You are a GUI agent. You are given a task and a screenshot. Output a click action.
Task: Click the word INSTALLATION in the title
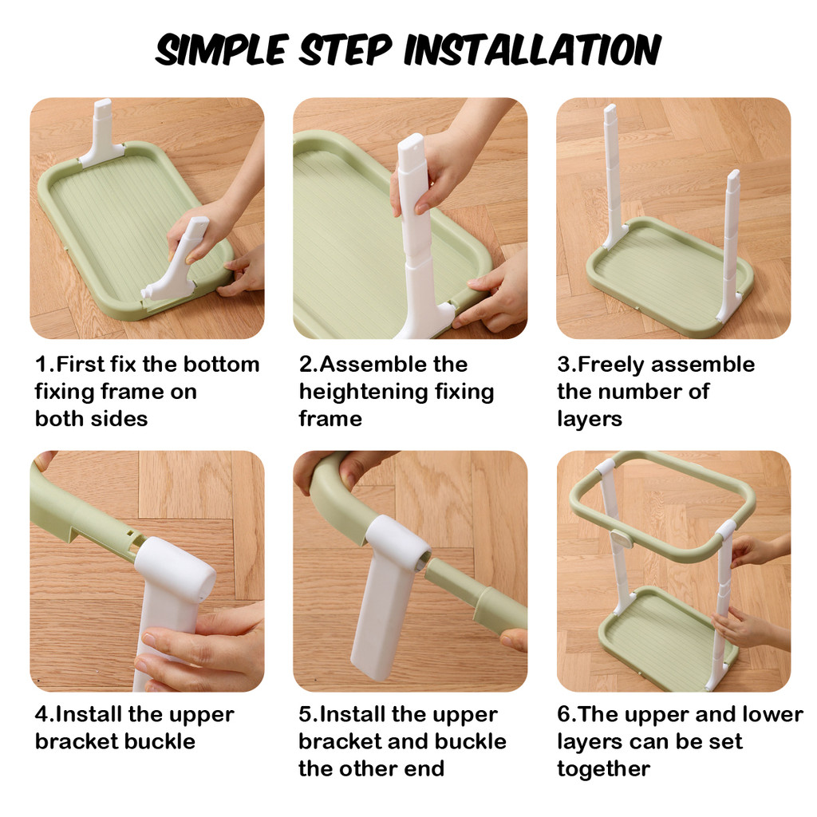pyautogui.click(x=532, y=50)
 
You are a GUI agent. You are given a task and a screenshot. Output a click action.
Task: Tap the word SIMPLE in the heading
pyautogui.click(x=222, y=50)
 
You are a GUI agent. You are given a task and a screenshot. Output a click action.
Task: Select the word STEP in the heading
pyautogui.click(x=345, y=50)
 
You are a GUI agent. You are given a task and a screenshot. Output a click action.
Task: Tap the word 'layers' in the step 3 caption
pyautogui.click(x=590, y=419)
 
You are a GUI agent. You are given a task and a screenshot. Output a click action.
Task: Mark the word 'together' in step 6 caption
pyautogui.click(x=603, y=769)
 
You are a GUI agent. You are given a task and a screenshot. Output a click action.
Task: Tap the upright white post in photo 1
pyautogui.click(x=102, y=133)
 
